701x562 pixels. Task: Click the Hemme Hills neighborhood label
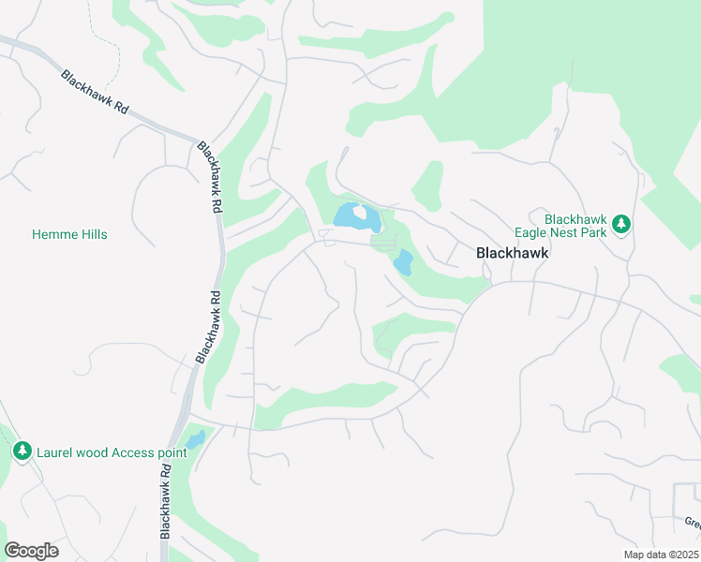click(x=69, y=234)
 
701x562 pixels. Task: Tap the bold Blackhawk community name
click(x=512, y=253)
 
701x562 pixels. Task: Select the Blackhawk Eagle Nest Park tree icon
click(x=619, y=225)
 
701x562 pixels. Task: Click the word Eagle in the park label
click(x=530, y=232)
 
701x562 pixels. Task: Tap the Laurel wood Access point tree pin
click(x=22, y=451)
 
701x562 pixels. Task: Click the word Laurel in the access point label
click(x=55, y=452)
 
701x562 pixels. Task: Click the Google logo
click(x=31, y=551)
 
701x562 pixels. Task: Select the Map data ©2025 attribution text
click(x=660, y=555)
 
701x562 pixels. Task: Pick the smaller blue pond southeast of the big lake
click(x=403, y=262)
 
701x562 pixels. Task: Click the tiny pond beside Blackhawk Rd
click(x=195, y=439)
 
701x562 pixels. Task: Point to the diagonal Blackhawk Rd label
click(x=95, y=92)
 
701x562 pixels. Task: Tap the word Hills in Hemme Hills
click(x=92, y=234)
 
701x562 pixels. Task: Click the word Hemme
click(x=52, y=234)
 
